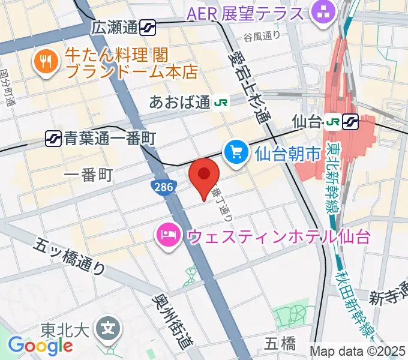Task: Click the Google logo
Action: [40, 346]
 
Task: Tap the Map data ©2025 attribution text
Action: [358, 351]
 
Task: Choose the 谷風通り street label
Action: [262, 35]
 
